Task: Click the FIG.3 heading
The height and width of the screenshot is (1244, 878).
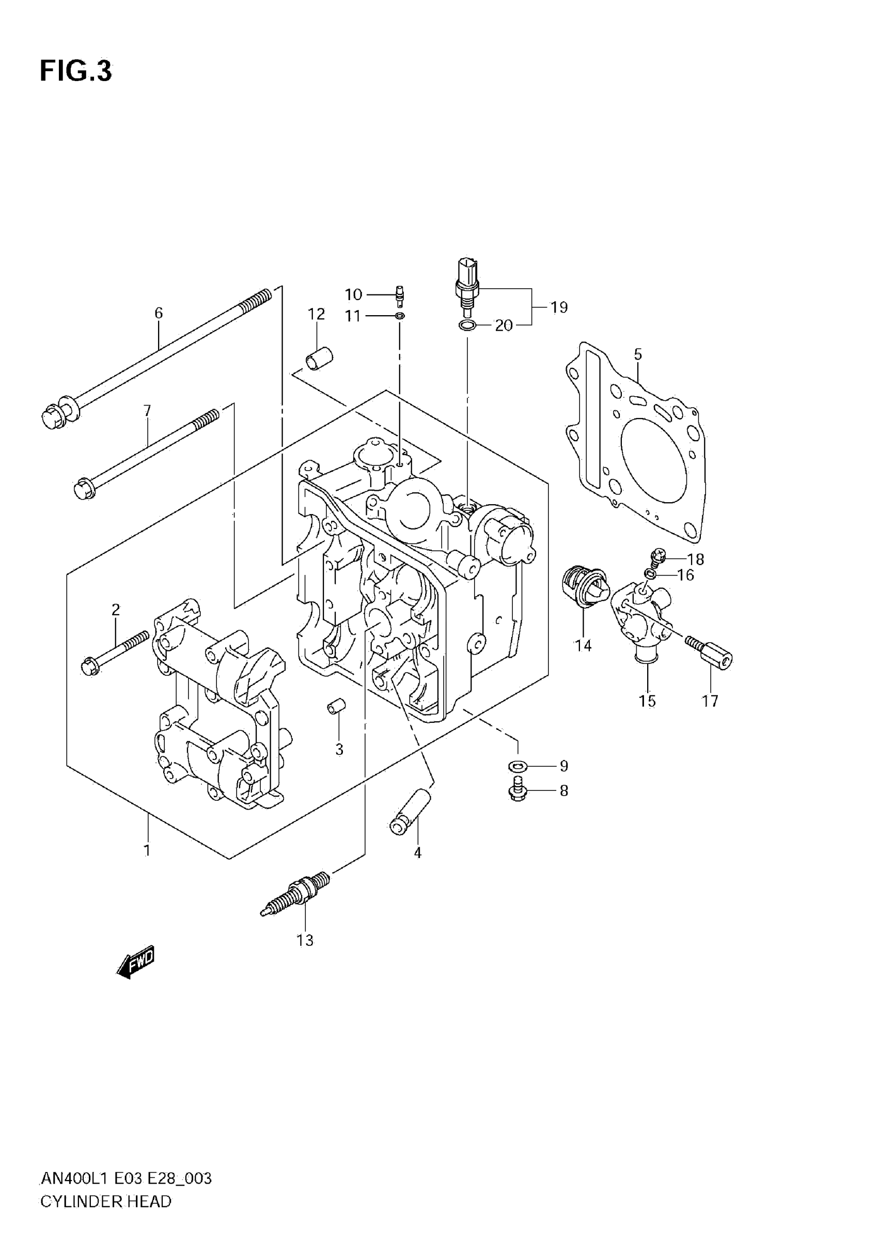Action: pos(75,71)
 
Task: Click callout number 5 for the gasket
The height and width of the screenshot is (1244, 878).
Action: pos(637,355)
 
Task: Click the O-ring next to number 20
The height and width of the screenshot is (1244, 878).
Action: pos(467,325)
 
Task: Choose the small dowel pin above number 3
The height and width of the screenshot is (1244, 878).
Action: pos(336,707)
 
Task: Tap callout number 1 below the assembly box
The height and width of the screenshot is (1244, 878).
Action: pos(147,850)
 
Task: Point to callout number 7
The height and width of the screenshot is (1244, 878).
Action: pos(147,411)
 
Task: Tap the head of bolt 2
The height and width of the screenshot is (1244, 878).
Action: pos(89,665)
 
